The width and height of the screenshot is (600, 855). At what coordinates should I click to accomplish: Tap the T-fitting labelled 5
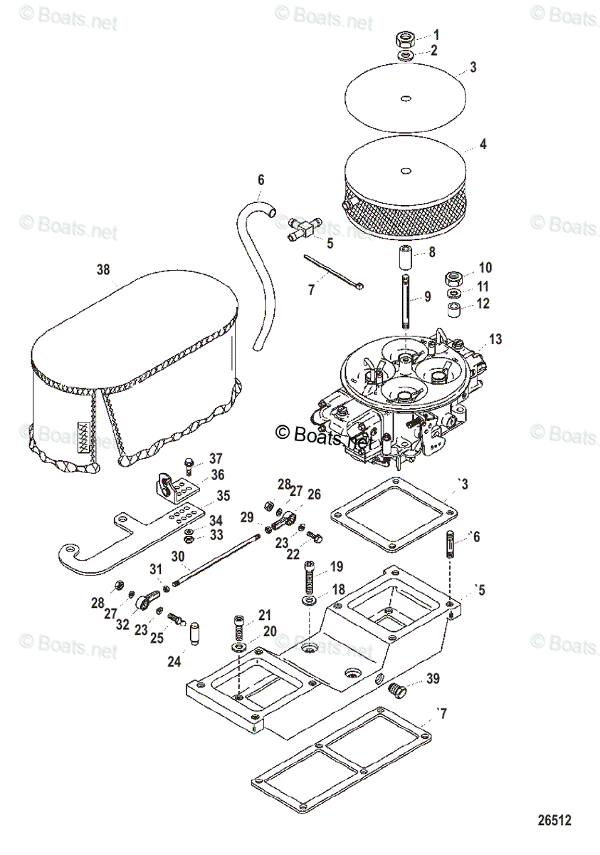tap(304, 229)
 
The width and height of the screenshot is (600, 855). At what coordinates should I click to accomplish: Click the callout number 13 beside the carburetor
tap(496, 339)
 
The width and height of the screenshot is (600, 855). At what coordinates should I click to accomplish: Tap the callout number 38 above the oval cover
tap(104, 270)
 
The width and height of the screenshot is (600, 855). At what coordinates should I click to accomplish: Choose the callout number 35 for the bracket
tap(223, 495)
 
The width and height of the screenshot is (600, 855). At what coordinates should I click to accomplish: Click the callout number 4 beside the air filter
tap(483, 144)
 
